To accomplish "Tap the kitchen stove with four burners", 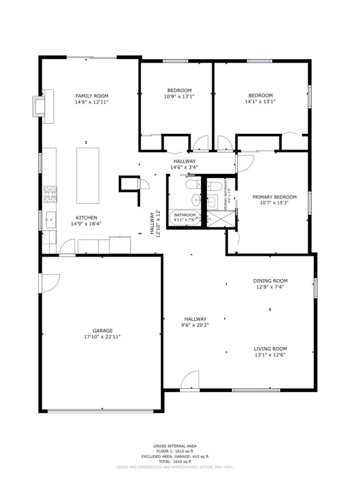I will tap(50, 194).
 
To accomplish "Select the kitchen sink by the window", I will tap(50, 220).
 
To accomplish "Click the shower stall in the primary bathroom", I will tap(217, 219).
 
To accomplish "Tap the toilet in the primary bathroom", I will tap(213, 185).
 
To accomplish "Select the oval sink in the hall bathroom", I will tap(195, 200).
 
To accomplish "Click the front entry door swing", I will tap(190, 381).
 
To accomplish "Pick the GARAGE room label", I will tap(102, 331).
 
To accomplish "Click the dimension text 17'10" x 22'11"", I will tap(102, 337).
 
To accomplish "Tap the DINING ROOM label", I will tap(270, 281).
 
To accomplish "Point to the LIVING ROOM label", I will tap(270, 349).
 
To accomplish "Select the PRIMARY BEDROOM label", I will tap(274, 197).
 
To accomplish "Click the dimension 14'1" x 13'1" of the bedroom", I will tap(260, 101).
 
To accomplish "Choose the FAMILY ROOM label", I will tap(92, 96).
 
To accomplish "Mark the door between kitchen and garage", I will tap(68, 248).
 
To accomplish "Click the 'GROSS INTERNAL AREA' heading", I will tap(175, 446).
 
